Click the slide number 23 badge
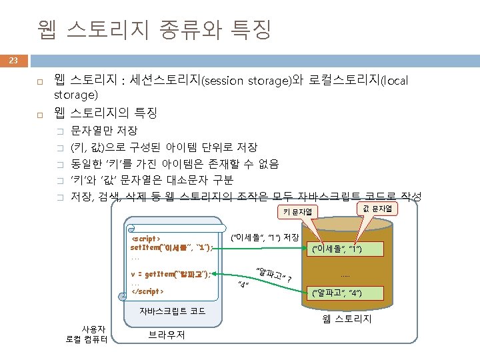point(13,61)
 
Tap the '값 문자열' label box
point(378,209)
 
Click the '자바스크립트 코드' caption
point(173,311)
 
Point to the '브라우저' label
point(167,335)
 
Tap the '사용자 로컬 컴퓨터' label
point(89,333)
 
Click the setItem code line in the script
point(171,247)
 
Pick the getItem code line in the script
point(171,274)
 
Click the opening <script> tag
point(145,238)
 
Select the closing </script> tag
point(147,291)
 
